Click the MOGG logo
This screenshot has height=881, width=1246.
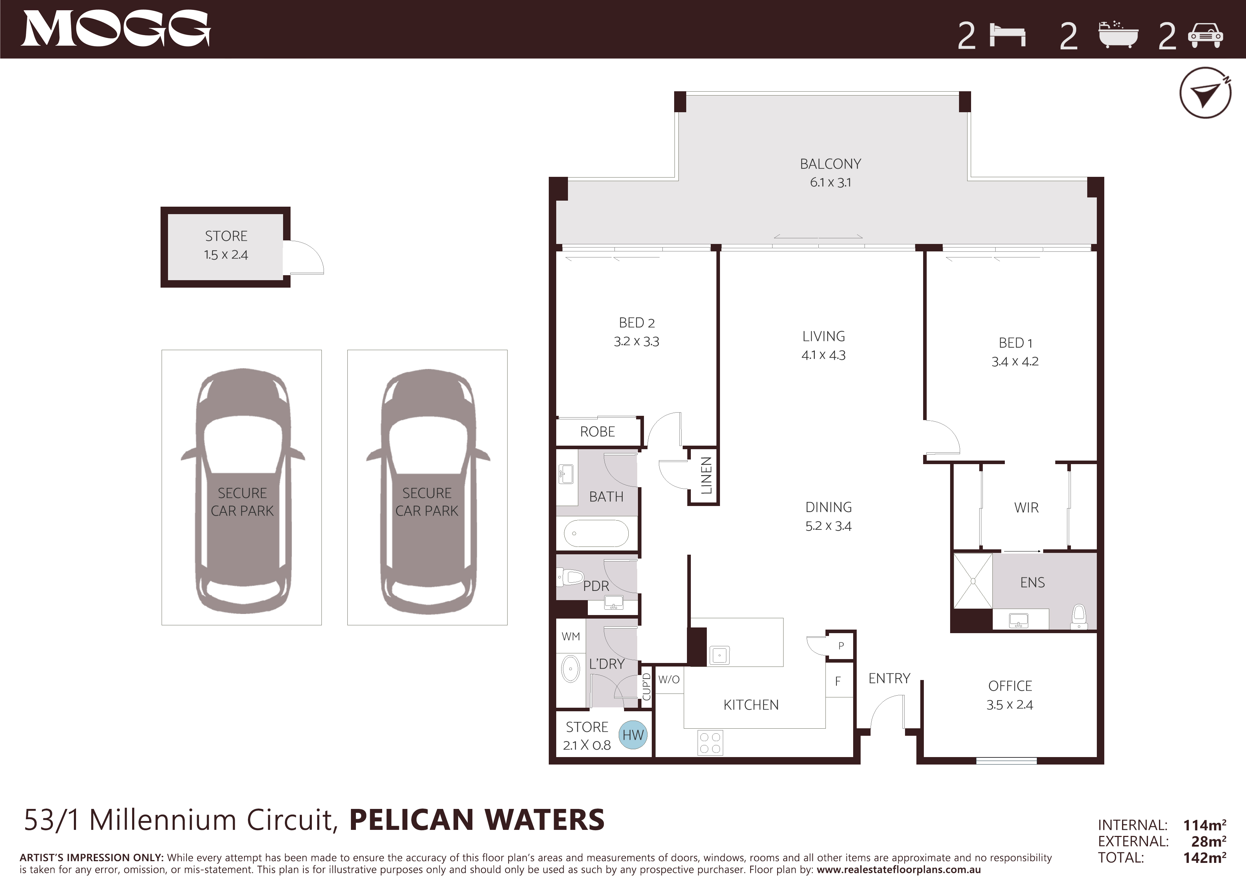(x=115, y=29)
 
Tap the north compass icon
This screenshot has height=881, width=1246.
(x=1205, y=93)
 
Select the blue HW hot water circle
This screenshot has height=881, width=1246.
(x=633, y=735)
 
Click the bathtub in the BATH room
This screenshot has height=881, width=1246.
(x=596, y=534)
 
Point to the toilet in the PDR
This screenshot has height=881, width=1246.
(x=570, y=577)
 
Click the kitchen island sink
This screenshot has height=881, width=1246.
(x=720, y=655)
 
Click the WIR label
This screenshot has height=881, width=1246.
(x=1026, y=508)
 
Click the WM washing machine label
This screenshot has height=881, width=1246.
(x=570, y=636)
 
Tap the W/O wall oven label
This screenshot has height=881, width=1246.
(x=668, y=680)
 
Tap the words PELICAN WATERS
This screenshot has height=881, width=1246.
(x=476, y=820)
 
